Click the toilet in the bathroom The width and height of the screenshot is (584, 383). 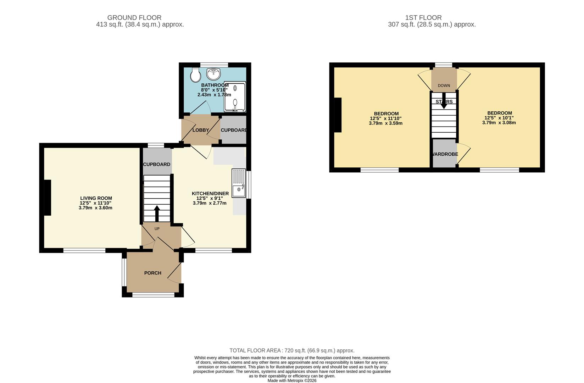[195, 75]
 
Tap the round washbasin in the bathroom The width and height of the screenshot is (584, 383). [213, 74]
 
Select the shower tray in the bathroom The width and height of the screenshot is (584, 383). [235, 97]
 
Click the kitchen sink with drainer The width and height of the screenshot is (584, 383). [239, 183]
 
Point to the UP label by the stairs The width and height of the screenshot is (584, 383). [157, 229]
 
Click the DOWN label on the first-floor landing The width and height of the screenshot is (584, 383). [444, 85]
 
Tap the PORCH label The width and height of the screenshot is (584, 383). [153, 273]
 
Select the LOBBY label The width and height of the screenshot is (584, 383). [201, 130]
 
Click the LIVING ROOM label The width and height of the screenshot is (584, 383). [96, 198]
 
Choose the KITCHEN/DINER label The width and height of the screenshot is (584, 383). [210, 194]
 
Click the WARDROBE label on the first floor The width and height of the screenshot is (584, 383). [445, 154]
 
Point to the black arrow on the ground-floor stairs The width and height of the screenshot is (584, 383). [157, 213]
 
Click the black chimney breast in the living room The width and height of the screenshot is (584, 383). [48, 198]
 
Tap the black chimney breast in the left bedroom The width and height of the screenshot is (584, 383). [338, 115]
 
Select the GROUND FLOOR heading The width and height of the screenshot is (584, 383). [134, 17]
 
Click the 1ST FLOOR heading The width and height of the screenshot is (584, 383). [423, 17]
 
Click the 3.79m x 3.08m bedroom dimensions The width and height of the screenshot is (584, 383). [499, 123]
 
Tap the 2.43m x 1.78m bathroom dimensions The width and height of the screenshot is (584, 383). [214, 95]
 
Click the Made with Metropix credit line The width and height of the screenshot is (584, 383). [292, 381]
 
